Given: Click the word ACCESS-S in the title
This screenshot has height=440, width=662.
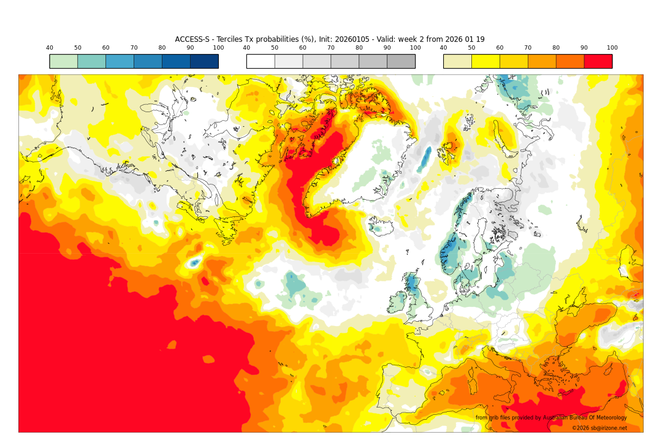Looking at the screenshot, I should [x=192, y=39].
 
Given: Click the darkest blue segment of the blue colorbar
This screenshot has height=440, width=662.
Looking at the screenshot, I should [x=204, y=61].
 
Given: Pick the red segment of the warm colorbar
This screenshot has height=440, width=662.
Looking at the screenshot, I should [x=598, y=61].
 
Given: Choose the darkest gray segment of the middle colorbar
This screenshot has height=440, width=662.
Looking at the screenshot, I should [x=401, y=61].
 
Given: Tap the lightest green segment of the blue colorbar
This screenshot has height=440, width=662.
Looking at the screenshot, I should [x=63, y=61].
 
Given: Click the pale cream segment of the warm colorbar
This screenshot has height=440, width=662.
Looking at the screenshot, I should [x=457, y=61].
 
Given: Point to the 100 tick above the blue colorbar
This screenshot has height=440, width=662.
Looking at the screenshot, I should [x=218, y=48].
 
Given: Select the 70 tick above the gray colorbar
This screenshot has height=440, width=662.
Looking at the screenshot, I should [x=331, y=48].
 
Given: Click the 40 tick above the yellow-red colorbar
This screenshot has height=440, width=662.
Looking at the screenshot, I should [x=443, y=48].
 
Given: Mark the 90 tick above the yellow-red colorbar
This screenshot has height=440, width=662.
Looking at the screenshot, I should [x=584, y=48].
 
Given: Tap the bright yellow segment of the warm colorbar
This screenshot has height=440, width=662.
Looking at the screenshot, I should [x=485, y=61].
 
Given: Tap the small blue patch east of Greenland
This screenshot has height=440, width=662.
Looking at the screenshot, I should [x=424, y=159].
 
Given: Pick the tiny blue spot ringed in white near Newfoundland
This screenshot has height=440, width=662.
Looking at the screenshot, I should [x=194, y=262].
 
